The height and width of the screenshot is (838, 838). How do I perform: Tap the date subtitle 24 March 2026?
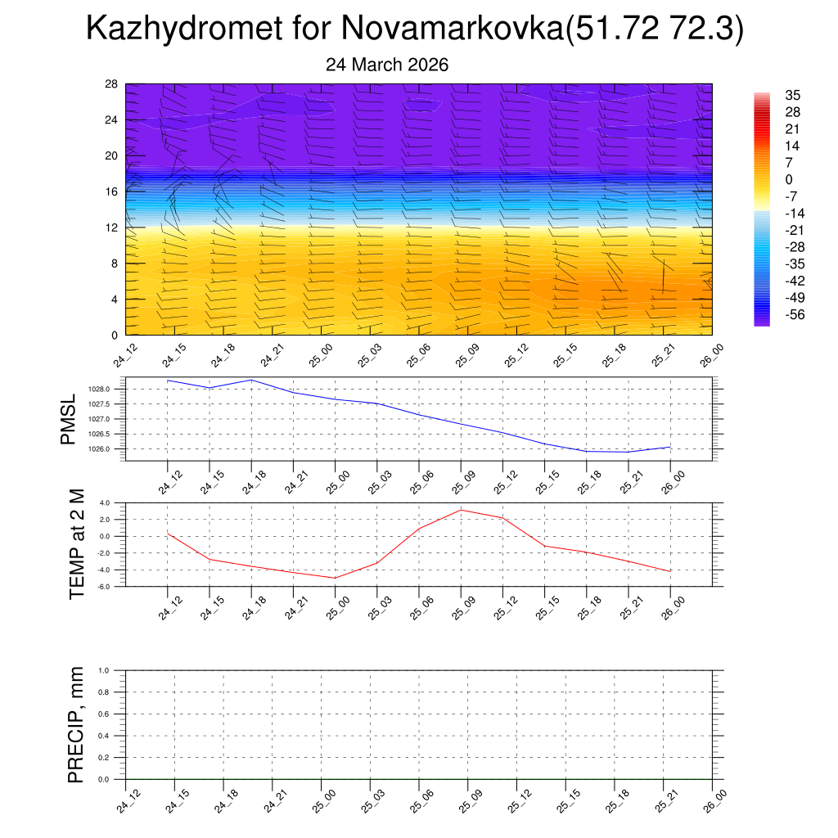[387, 65]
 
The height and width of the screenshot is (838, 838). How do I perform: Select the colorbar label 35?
[792, 95]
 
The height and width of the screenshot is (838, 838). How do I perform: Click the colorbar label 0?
[789, 179]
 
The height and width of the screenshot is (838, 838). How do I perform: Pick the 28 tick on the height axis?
[112, 84]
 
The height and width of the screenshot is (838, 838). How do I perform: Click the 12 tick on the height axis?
[112, 228]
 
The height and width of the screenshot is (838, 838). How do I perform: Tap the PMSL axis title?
[68, 420]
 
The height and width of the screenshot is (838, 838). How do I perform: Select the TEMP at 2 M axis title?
[77, 543]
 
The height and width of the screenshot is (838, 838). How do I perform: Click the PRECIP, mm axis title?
[76, 724]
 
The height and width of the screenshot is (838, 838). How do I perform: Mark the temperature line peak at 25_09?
[461, 510]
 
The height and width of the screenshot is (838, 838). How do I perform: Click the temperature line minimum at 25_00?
[335, 578]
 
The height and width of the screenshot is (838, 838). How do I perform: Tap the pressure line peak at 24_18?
[251, 380]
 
